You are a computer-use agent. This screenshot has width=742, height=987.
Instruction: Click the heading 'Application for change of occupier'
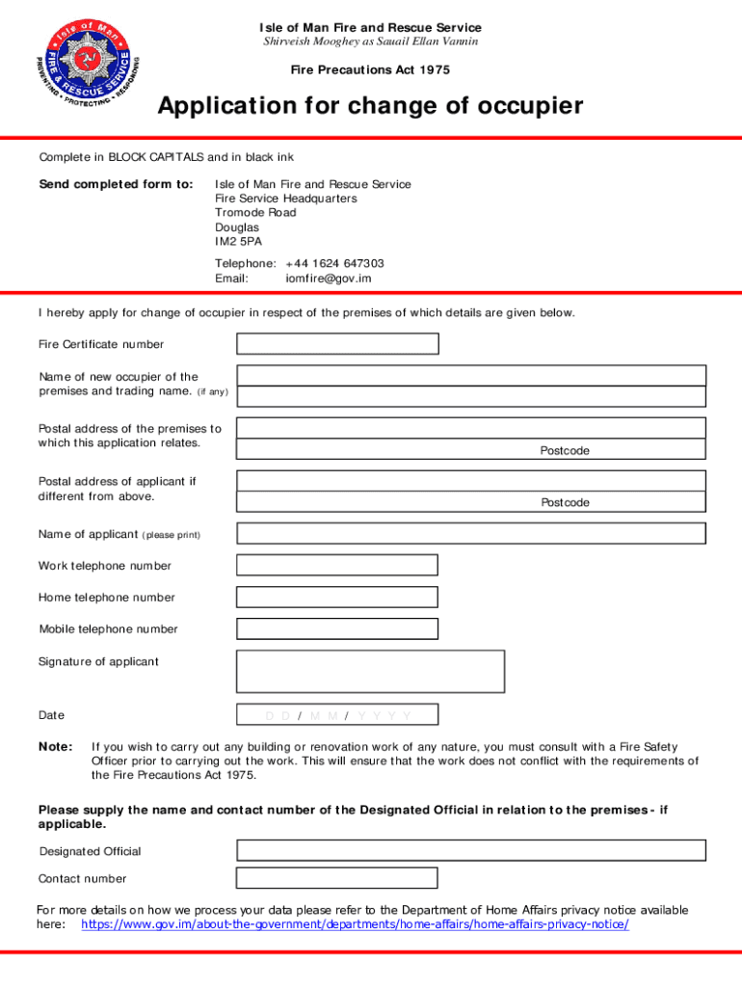click(370, 106)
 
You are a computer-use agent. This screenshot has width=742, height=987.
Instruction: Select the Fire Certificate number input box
click(337, 344)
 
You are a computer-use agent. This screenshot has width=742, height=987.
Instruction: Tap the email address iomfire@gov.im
click(328, 279)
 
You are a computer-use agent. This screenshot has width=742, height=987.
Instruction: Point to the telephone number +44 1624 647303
click(334, 263)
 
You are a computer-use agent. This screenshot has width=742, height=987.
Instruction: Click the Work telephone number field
click(337, 565)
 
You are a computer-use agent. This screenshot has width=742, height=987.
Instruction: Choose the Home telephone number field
click(337, 598)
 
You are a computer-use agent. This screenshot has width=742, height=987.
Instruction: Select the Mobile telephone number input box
click(337, 629)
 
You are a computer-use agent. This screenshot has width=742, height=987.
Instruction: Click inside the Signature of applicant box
click(370, 671)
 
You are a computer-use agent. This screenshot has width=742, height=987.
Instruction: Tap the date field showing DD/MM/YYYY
click(337, 715)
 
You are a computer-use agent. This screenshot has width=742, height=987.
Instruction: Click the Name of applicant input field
click(471, 533)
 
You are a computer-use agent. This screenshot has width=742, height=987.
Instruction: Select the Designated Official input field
click(471, 850)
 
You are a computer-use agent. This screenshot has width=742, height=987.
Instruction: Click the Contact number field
click(337, 878)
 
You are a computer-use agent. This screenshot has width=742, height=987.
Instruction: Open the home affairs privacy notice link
click(355, 924)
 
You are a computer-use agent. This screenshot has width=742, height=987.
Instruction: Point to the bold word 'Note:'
click(55, 747)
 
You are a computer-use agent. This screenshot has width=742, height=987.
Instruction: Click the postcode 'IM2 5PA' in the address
click(238, 242)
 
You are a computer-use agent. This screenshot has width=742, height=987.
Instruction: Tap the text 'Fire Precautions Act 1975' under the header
click(370, 70)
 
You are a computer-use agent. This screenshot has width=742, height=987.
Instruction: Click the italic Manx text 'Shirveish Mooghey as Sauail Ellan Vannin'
click(371, 42)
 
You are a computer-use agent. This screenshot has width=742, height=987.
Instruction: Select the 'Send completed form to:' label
click(116, 184)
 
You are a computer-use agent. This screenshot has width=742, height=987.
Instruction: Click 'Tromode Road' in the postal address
click(255, 213)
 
